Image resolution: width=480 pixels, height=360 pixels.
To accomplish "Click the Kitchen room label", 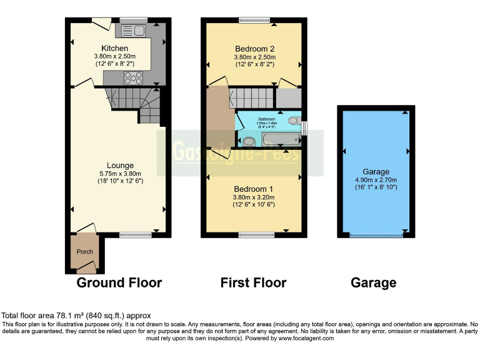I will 115,48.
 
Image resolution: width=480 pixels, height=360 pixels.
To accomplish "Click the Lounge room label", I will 119,166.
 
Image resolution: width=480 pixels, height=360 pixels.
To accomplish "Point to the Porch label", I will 84,252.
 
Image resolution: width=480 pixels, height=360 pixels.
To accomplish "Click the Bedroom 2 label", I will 254,48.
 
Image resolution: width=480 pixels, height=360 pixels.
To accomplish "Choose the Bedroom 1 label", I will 253,189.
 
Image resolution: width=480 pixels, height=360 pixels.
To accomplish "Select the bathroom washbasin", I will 248,141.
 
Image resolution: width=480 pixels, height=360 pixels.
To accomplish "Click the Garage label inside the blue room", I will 376,172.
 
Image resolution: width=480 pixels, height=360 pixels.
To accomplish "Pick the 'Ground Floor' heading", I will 119,282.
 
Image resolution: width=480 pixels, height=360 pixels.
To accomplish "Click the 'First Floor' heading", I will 253,282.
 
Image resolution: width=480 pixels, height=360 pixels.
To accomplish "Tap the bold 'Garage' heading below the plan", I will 373,282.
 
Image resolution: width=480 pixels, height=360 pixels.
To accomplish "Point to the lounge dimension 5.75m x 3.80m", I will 119,174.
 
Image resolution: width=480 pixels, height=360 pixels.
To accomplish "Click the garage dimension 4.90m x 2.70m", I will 376,180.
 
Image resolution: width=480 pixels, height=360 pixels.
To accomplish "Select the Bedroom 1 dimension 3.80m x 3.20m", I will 254,197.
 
